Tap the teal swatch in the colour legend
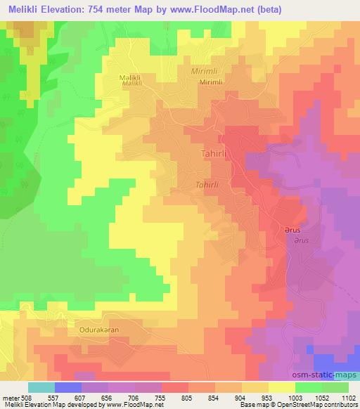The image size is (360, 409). (x=41, y=387)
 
